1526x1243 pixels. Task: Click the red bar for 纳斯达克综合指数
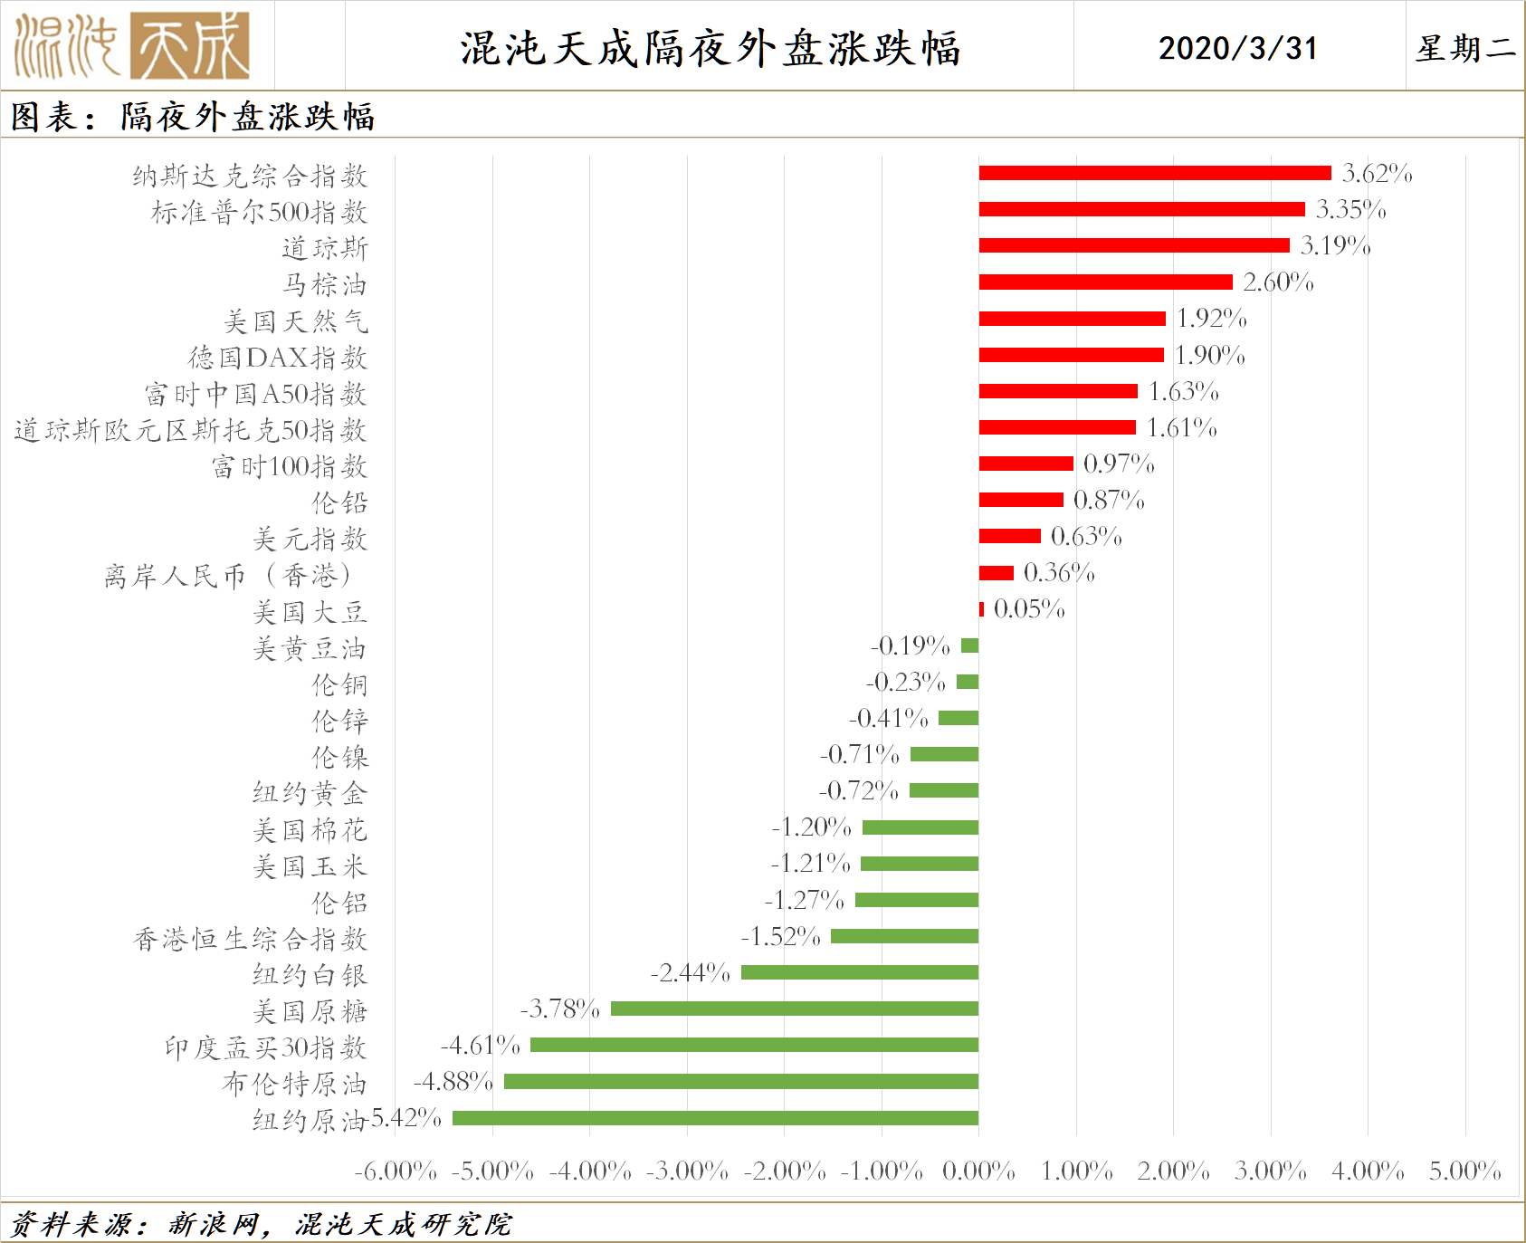1154,173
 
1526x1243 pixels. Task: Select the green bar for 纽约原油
715,1118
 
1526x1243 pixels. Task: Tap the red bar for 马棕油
1105,282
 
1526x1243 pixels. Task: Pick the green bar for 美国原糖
795,1009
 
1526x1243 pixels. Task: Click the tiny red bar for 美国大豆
981,609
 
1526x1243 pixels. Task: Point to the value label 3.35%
1350,210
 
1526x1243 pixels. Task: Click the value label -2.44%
690,973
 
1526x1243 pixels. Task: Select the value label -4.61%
480,1046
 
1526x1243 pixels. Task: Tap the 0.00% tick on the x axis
978,1171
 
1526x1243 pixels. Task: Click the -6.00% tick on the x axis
396,1171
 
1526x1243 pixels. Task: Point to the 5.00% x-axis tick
1464,1171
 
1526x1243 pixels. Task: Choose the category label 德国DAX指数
278,358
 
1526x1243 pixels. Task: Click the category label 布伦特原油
294,1084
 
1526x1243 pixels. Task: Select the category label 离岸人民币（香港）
227,576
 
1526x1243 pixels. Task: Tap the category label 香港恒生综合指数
250,939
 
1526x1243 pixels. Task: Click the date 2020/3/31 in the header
1237,48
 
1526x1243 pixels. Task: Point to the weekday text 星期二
1465,48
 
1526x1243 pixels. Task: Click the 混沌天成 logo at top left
132,46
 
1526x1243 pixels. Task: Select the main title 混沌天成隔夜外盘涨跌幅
710,48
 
